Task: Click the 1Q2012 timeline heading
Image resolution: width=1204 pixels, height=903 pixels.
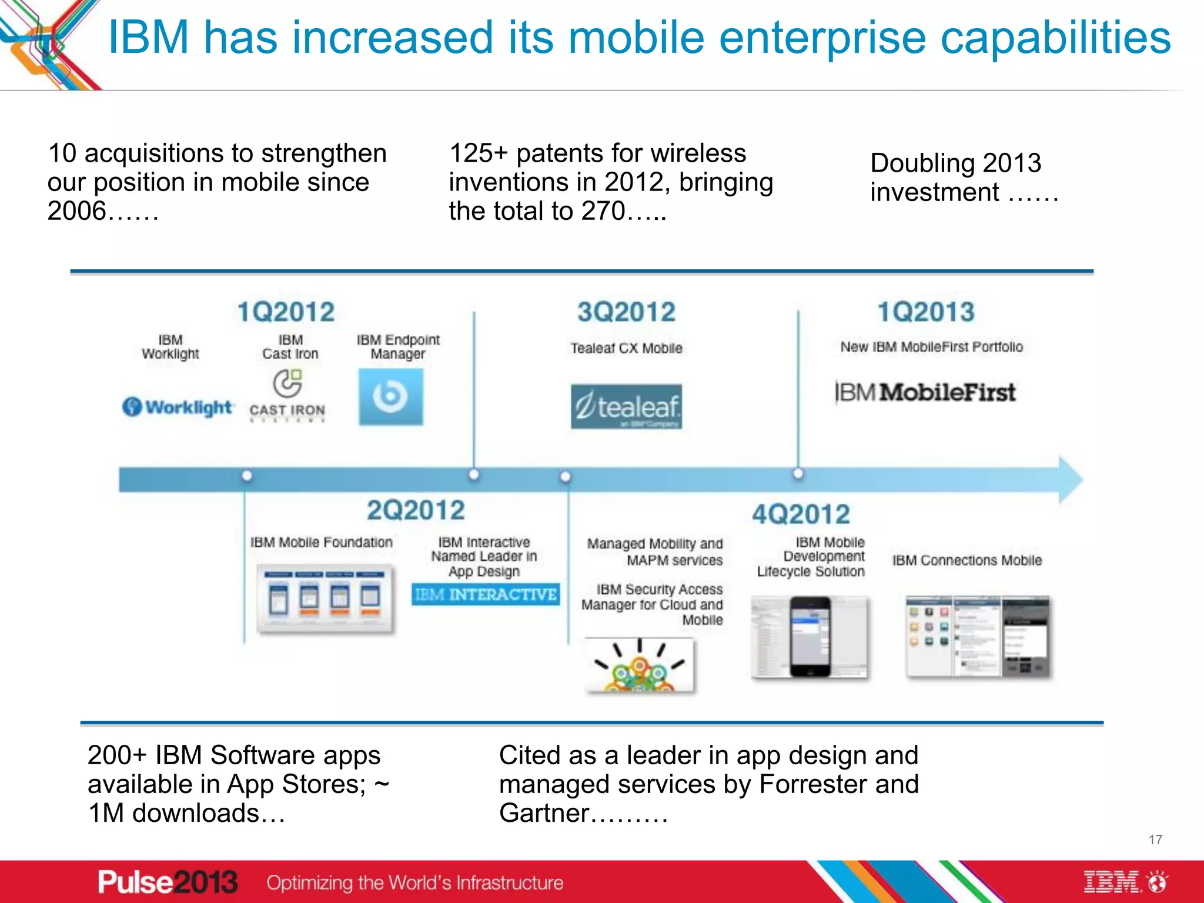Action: (286, 312)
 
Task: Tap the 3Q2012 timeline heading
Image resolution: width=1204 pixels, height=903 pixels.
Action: (626, 312)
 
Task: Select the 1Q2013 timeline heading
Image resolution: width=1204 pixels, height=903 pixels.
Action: (926, 312)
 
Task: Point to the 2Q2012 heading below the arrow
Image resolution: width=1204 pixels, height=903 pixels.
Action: (416, 510)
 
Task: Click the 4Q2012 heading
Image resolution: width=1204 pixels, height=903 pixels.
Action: (801, 514)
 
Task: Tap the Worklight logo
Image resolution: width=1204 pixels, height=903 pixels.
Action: (178, 407)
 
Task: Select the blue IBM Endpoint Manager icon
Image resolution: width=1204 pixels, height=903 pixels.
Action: (391, 397)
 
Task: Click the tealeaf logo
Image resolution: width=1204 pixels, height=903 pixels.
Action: (626, 406)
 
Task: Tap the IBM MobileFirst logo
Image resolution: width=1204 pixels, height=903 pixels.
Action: (925, 392)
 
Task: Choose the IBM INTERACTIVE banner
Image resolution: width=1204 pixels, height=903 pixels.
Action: (485, 594)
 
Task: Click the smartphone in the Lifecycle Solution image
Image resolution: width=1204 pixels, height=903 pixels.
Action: (810, 637)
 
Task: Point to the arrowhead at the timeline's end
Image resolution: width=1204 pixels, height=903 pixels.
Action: (1071, 479)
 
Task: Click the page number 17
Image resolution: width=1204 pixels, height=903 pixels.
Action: (1155, 840)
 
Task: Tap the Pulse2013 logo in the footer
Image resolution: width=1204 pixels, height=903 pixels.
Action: (168, 882)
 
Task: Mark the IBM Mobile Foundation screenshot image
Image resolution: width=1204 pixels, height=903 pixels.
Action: (325, 598)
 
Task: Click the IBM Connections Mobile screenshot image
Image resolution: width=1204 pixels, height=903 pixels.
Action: (978, 637)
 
